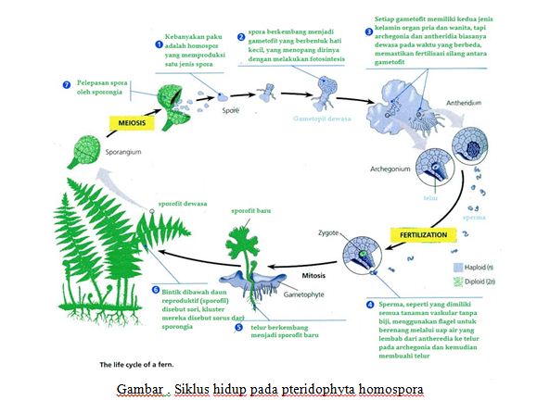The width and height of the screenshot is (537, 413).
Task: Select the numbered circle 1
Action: pyautogui.click(x=160, y=44)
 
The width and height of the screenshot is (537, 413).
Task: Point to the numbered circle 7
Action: pyautogui.click(x=66, y=84)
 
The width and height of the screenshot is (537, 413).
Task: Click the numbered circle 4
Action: pyautogui.click(x=370, y=303)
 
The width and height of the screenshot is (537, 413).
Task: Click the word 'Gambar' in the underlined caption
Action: pyautogui.click(x=137, y=387)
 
